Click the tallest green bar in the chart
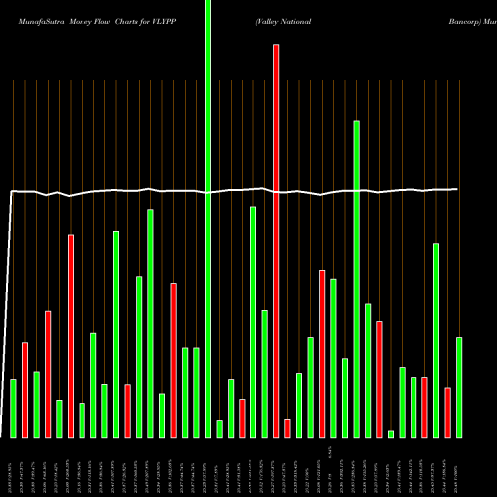(208, 219)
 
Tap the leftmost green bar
(13, 408)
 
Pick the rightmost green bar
(459, 388)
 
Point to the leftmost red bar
(25, 390)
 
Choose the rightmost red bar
(447, 412)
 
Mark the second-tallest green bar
(356, 279)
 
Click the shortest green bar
(391, 433)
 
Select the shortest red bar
(287, 428)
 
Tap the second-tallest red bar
(71, 336)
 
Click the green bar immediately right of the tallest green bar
(219, 428)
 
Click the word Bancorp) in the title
(462, 20)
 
